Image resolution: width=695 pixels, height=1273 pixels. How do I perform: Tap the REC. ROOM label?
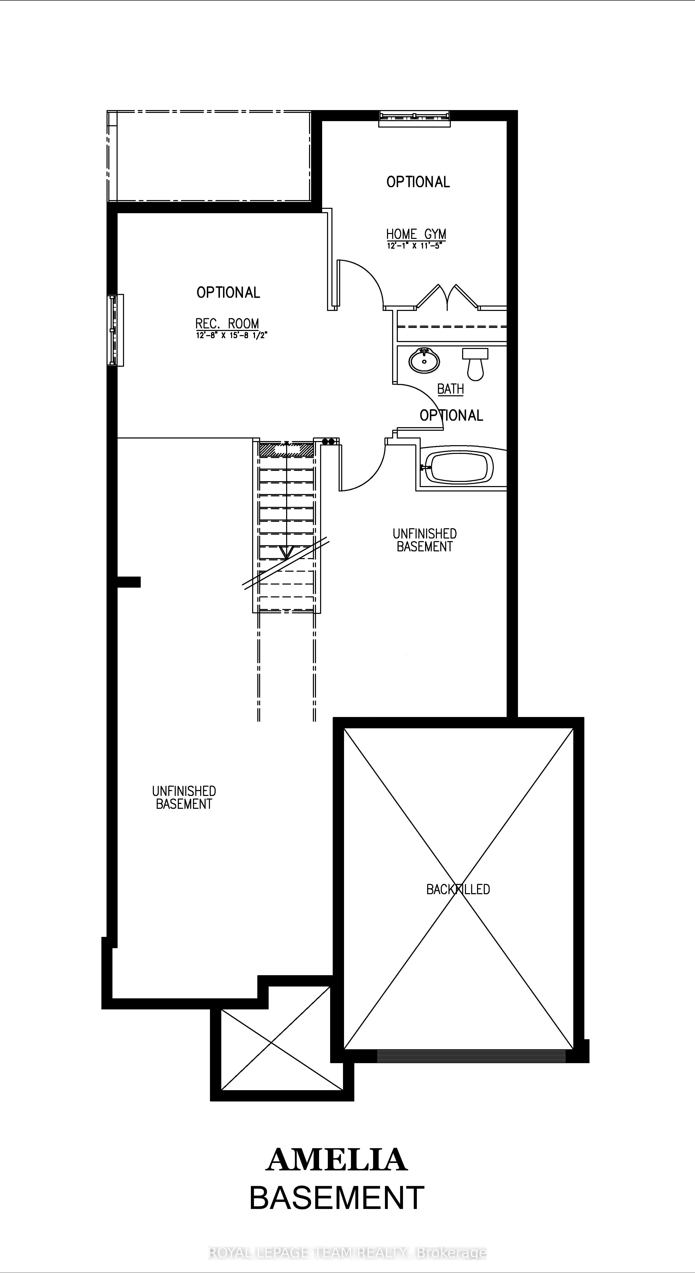point(227,324)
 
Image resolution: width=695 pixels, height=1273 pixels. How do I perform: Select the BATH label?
point(450,389)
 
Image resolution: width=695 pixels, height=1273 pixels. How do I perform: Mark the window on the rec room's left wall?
point(115,330)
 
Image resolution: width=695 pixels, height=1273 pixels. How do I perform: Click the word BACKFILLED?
point(458,890)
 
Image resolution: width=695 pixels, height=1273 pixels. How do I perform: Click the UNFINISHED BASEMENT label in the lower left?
point(184,797)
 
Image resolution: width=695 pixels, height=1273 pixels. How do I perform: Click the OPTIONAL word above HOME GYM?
point(418,182)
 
